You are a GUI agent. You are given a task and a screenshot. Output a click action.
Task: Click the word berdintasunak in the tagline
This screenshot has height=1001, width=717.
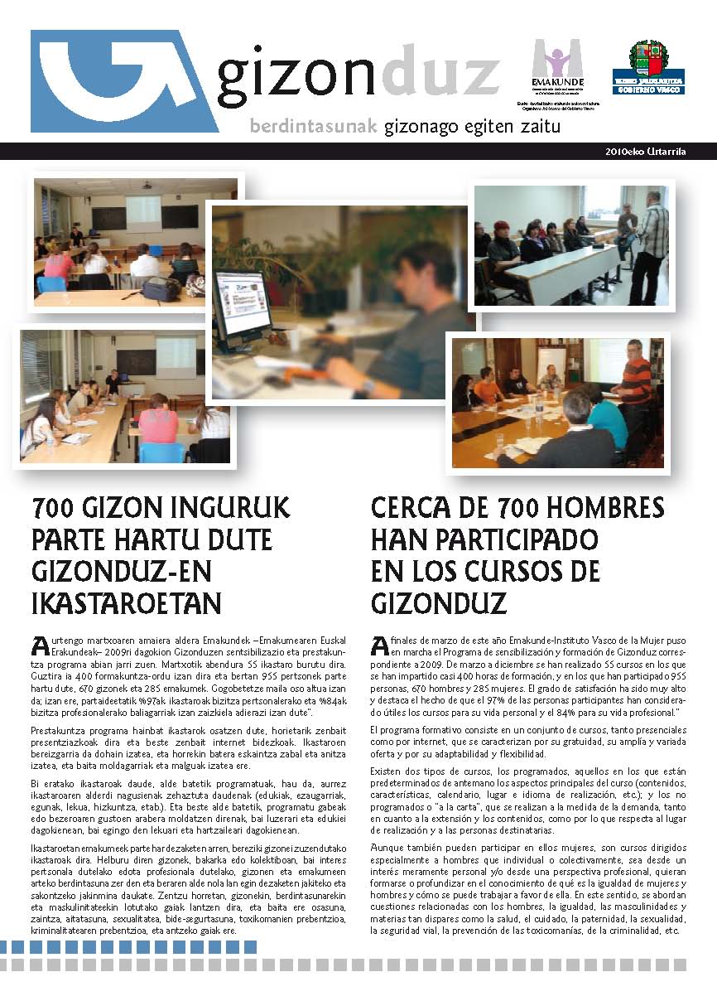click(314, 127)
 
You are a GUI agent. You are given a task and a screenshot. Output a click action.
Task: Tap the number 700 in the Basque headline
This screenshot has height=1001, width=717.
click(55, 506)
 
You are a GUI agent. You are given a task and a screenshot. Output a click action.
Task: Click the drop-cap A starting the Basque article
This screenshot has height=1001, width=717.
click(37, 644)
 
